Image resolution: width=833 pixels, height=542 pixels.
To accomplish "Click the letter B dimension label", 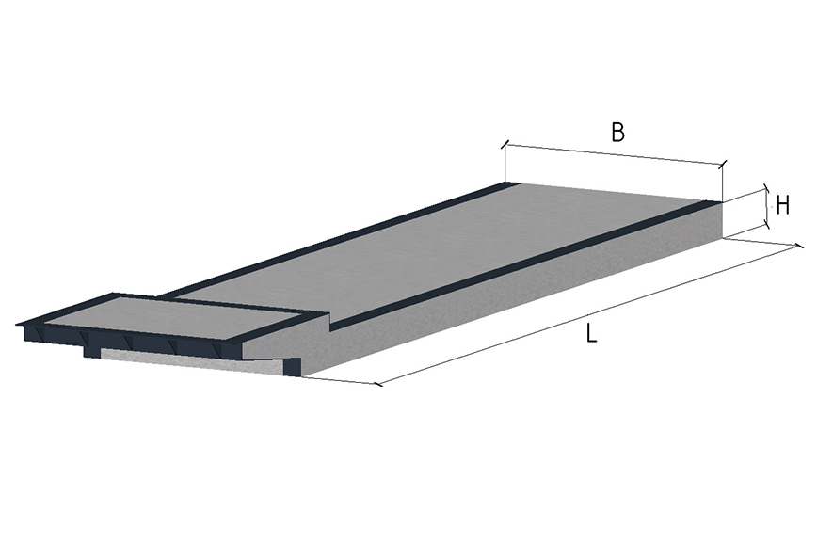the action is click(x=617, y=132).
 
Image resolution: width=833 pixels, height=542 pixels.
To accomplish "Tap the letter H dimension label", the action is click(x=782, y=205).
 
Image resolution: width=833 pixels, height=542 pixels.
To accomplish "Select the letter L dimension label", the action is click(x=591, y=333).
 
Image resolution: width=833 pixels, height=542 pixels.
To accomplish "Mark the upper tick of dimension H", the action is click(x=765, y=188).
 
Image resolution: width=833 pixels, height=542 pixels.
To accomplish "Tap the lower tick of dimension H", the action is click(x=766, y=225).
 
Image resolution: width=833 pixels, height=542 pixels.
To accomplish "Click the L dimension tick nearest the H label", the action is click(x=799, y=246).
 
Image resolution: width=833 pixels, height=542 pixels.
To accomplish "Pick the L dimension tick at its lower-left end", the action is click(x=377, y=384).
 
